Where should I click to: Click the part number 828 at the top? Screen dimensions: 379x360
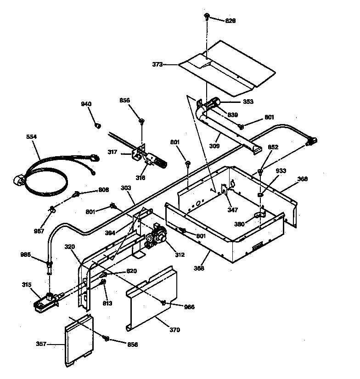click(231, 21)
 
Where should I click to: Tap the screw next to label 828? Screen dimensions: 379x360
click(207, 17)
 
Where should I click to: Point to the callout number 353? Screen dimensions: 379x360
click(248, 102)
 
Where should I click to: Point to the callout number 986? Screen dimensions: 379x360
click(27, 254)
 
